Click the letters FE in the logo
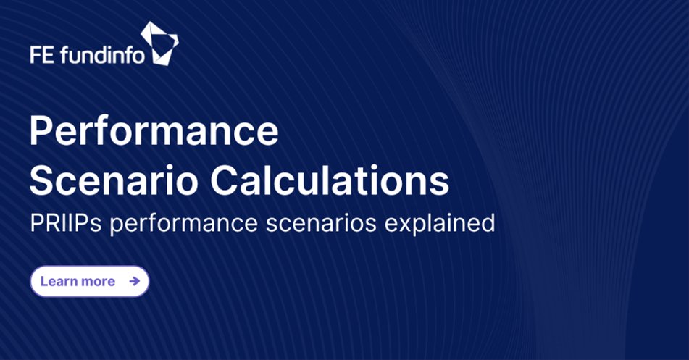click(43, 54)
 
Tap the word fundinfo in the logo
click(102, 54)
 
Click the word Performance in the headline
click(154, 132)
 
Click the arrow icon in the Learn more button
click(134, 281)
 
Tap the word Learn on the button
click(57, 281)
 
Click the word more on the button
click(98, 282)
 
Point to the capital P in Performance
click(42, 132)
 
